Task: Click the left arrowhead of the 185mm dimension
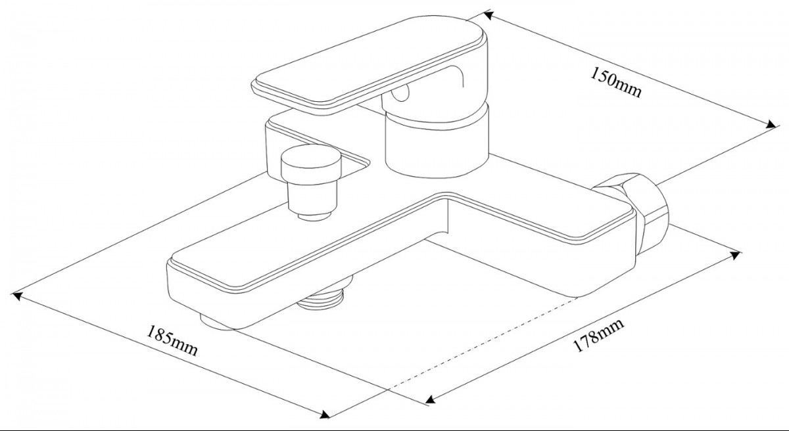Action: (18, 297)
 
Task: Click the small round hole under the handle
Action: (400, 96)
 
